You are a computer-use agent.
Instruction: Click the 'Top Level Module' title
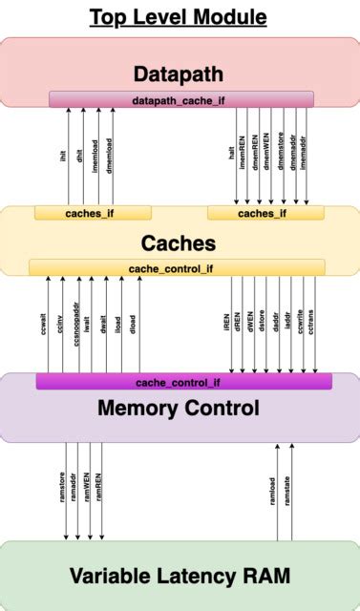pos(179,17)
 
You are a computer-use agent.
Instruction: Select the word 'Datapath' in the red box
pos(180,74)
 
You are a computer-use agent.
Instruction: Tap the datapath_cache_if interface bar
pos(181,99)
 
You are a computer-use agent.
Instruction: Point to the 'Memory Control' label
pos(179,410)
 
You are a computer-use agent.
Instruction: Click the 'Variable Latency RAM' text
pos(180,576)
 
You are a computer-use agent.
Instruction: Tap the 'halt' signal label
pos(231,152)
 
